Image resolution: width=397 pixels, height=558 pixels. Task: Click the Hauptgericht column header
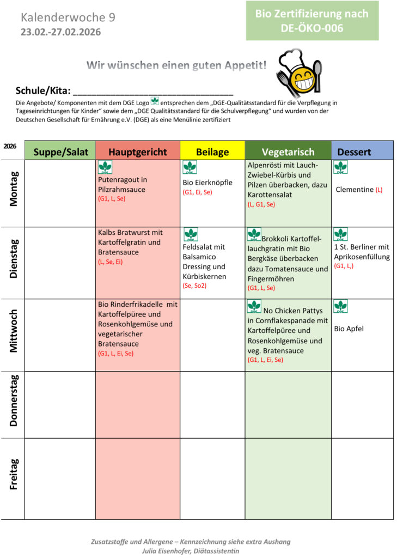(138, 151)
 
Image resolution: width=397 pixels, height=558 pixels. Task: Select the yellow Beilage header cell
(212, 151)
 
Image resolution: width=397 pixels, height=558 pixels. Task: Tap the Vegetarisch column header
(288, 151)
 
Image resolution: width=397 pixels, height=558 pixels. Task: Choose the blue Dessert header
(362, 151)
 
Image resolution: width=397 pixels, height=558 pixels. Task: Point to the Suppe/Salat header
(60, 151)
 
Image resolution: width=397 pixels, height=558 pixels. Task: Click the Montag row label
(14, 189)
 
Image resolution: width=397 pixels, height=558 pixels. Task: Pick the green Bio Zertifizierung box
(312, 21)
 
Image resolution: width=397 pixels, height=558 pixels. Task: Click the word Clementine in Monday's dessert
(355, 190)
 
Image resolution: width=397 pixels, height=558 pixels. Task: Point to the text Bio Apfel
(349, 329)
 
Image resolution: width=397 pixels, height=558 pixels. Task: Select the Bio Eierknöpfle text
(207, 182)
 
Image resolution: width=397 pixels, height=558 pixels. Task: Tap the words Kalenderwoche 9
(68, 17)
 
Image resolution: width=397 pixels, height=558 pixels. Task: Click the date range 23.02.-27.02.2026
(60, 32)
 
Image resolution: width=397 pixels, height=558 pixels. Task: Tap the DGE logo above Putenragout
(105, 167)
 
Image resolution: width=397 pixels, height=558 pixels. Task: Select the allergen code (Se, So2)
(195, 286)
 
